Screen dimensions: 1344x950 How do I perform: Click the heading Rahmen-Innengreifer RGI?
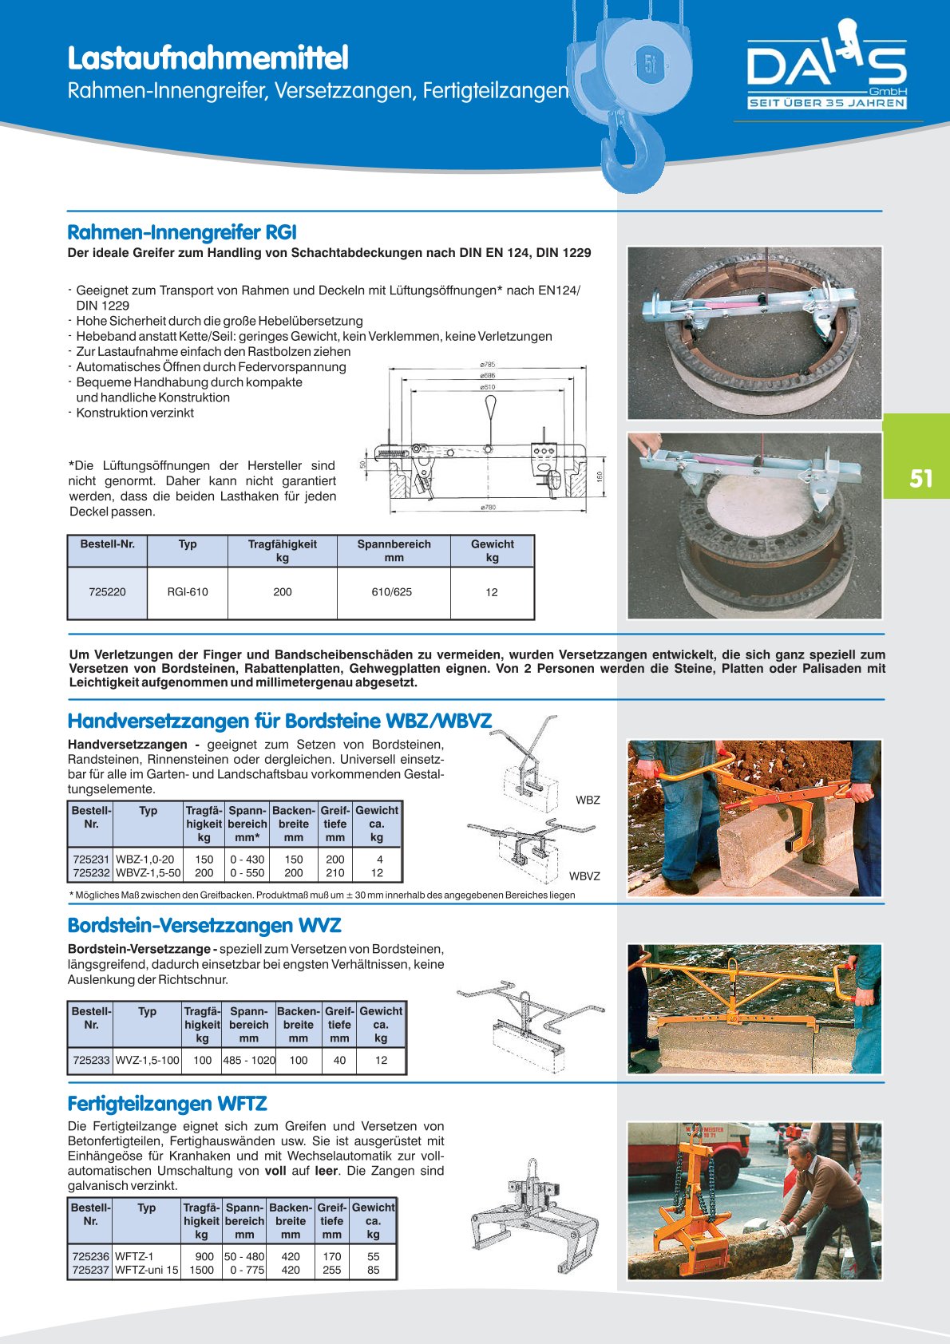[x=182, y=232]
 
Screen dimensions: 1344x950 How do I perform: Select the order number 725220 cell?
[x=107, y=592]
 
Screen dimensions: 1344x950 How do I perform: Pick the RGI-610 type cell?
[x=188, y=592]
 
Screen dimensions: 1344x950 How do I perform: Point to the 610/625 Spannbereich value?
[x=392, y=592]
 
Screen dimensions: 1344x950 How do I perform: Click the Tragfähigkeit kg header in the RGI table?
[x=282, y=551]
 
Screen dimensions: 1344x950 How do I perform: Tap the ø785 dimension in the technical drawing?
[x=487, y=365]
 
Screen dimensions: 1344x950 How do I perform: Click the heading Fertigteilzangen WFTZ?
[x=167, y=1104]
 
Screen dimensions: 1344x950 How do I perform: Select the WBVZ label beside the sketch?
[x=584, y=876]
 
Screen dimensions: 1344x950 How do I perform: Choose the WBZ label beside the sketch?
[x=588, y=800]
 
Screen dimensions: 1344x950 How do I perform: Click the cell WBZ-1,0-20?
[x=145, y=860]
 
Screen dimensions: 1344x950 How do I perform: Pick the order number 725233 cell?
[x=91, y=1061]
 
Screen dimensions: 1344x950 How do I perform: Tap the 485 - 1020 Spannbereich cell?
[x=249, y=1061]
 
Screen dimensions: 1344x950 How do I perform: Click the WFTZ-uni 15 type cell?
[x=147, y=1270]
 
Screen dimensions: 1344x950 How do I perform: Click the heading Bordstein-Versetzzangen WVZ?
[x=204, y=926]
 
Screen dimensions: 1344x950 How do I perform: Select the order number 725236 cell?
[x=90, y=1256]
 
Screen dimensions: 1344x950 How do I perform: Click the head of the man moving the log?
[x=802, y=1153]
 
